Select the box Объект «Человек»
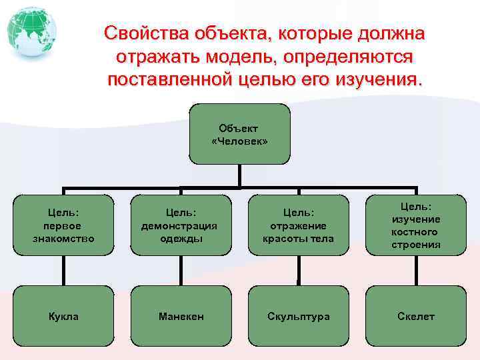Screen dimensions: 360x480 click(x=239, y=133)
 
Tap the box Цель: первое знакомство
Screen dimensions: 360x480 click(x=63, y=225)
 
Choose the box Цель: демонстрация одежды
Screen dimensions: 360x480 click(x=181, y=225)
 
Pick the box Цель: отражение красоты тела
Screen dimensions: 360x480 click(x=298, y=225)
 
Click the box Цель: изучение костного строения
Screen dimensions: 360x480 click(x=415, y=225)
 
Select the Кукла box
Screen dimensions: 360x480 click(x=63, y=316)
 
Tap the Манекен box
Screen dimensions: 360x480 click(x=181, y=316)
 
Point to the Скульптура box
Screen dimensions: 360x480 click(x=298, y=316)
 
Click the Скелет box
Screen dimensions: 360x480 click(x=415, y=316)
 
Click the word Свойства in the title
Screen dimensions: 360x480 click(x=146, y=34)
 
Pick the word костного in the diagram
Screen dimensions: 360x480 click(x=415, y=232)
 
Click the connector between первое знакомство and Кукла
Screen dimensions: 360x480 click(x=65, y=271)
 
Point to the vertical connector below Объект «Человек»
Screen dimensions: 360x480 click(x=239, y=176)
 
